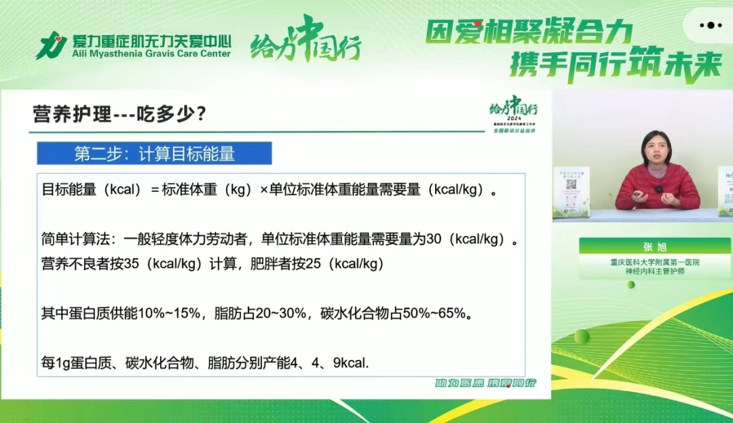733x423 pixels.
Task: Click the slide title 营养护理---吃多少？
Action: (x=119, y=113)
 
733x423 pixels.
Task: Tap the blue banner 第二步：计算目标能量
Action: (x=154, y=153)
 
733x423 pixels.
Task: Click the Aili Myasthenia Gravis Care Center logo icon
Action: (x=51, y=45)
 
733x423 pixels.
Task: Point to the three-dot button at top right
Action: (x=711, y=26)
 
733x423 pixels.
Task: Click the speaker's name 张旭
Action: (x=656, y=247)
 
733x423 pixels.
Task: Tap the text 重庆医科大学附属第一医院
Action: (x=656, y=262)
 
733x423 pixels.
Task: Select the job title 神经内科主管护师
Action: (x=656, y=272)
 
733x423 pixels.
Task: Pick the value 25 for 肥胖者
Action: (x=313, y=264)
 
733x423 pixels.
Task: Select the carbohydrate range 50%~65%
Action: (x=434, y=313)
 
